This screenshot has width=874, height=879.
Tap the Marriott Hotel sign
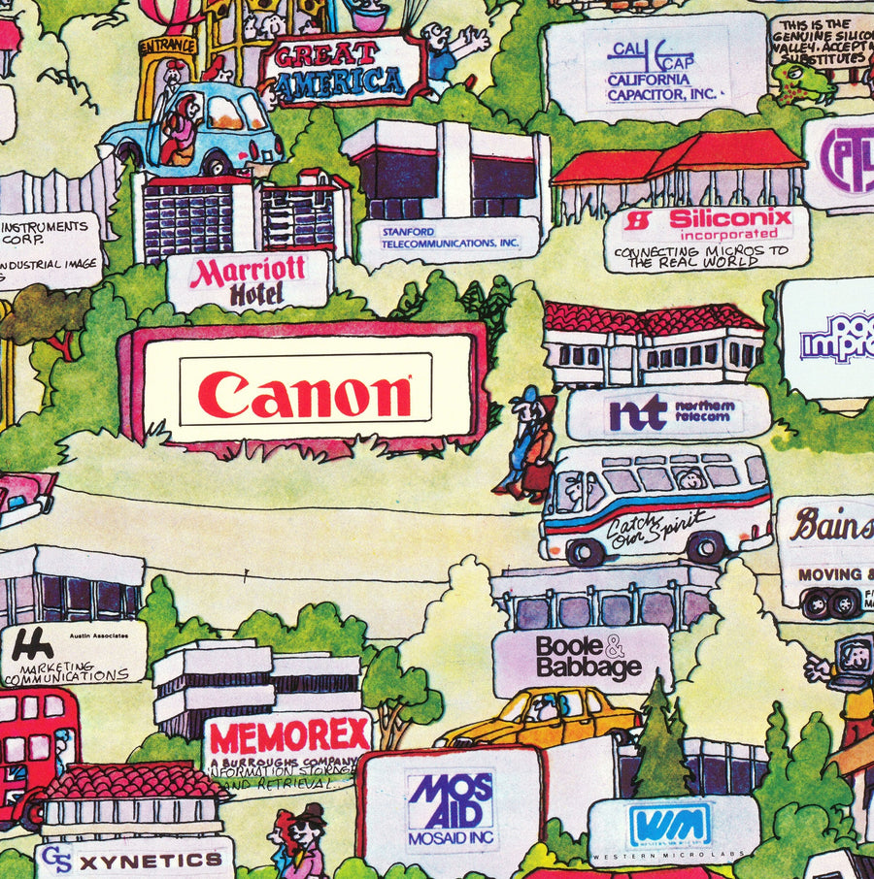pyautogui.click(x=247, y=281)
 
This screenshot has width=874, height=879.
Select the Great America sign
pyautogui.click(x=340, y=68)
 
